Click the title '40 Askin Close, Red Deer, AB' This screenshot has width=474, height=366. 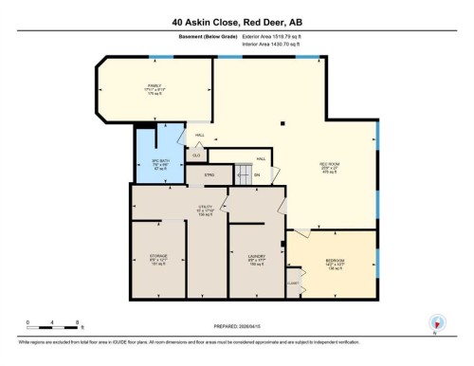coord(236,21)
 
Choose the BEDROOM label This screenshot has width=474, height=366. coord(335,262)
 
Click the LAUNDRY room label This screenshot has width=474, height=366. coord(256,260)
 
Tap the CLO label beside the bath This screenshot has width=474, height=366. coord(196,155)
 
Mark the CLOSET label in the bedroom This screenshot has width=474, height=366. coord(293,282)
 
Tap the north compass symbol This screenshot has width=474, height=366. coord(435,322)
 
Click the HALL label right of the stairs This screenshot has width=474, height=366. coord(261,158)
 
